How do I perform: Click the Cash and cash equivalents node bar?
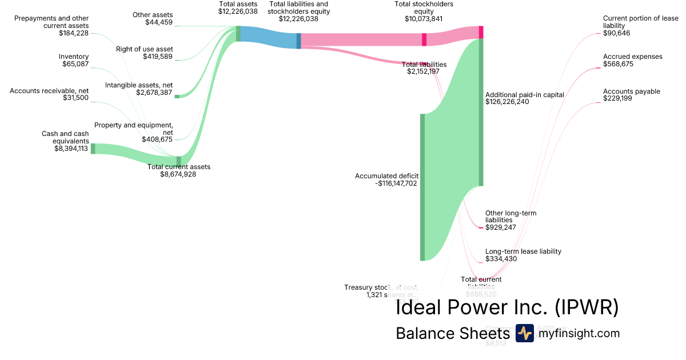(93, 149)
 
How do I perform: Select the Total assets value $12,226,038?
(238, 11)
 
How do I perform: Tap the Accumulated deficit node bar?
(423, 187)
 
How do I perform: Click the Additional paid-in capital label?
(524, 94)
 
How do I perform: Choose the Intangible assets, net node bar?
(177, 96)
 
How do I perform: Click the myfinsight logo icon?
(524, 333)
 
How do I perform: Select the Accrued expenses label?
(633, 57)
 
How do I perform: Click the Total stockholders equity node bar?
(424, 39)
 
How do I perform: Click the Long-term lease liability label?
(523, 251)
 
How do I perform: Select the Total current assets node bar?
(179, 160)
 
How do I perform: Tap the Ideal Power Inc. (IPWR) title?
(507, 307)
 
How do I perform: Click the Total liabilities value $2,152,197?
(423, 72)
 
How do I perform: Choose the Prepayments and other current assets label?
(51, 22)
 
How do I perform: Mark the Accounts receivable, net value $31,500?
(75, 98)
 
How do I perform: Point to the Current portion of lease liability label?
(641, 22)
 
